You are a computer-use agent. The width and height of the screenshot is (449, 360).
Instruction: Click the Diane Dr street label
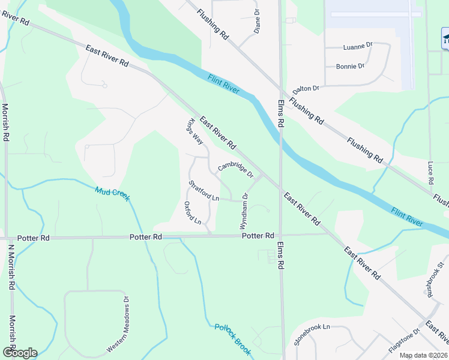257,20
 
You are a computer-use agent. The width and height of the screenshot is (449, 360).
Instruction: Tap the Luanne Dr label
358,46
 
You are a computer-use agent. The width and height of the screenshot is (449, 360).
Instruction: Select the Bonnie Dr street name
350,66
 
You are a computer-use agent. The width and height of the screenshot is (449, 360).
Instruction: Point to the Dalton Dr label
306,89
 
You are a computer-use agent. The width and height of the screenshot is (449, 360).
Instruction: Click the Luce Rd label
430,172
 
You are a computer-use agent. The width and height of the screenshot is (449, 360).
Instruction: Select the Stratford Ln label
203,190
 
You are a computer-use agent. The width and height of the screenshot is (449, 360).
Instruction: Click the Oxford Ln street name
193,212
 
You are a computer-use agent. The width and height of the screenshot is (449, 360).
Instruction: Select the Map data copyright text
424,355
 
